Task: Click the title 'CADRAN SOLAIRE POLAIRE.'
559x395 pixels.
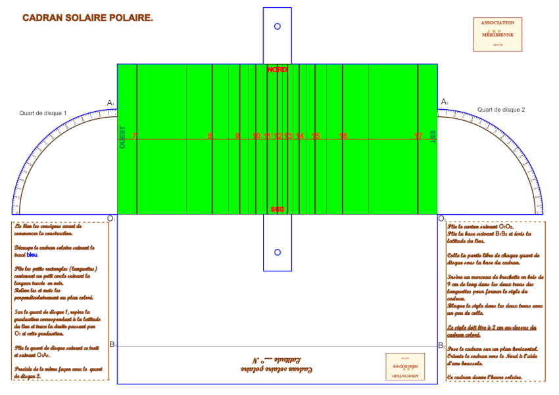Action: [87, 18]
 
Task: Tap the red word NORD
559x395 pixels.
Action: [277, 69]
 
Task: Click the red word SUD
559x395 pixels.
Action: [277, 209]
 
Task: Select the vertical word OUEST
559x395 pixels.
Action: [122, 137]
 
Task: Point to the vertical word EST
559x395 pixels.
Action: [433, 136]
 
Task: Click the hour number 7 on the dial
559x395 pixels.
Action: [134, 136]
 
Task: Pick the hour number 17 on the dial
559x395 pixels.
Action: [418, 136]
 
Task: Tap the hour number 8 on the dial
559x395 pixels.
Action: [210, 136]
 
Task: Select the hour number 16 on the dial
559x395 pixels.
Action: [343, 136]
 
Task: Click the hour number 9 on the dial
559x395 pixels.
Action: [237, 136]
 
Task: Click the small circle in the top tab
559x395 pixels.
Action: [277, 26]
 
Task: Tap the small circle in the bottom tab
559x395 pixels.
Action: [277, 252]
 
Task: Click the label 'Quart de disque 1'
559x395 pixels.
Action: [43, 113]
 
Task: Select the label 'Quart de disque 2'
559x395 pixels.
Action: [501, 110]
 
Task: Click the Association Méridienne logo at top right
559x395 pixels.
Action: [497, 34]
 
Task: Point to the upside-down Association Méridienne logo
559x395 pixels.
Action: [405, 366]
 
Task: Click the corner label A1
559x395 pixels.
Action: [111, 103]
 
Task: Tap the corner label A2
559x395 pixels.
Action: [445, 102]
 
